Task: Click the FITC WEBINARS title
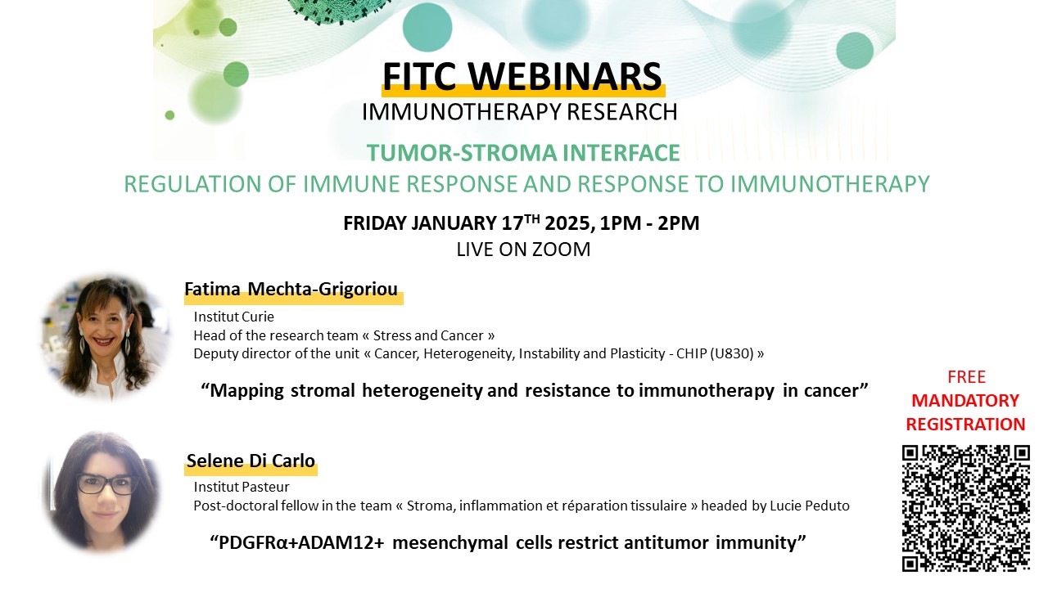point(522,77)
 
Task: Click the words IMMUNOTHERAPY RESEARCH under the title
point(520,112)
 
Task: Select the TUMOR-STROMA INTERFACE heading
point(523,153)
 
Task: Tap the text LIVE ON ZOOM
point(523,250)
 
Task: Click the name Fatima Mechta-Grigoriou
point(291,290)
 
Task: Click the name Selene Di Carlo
point(251,461)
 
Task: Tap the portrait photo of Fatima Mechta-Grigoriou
point(104,335)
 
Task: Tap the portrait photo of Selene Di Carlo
point(102,491)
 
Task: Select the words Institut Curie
point(233,317)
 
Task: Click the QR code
point(965,507)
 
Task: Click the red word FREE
point(966,377)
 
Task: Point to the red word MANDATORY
point(965,401)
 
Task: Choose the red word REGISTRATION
point(965,425)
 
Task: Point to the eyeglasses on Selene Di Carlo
point(105,483)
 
